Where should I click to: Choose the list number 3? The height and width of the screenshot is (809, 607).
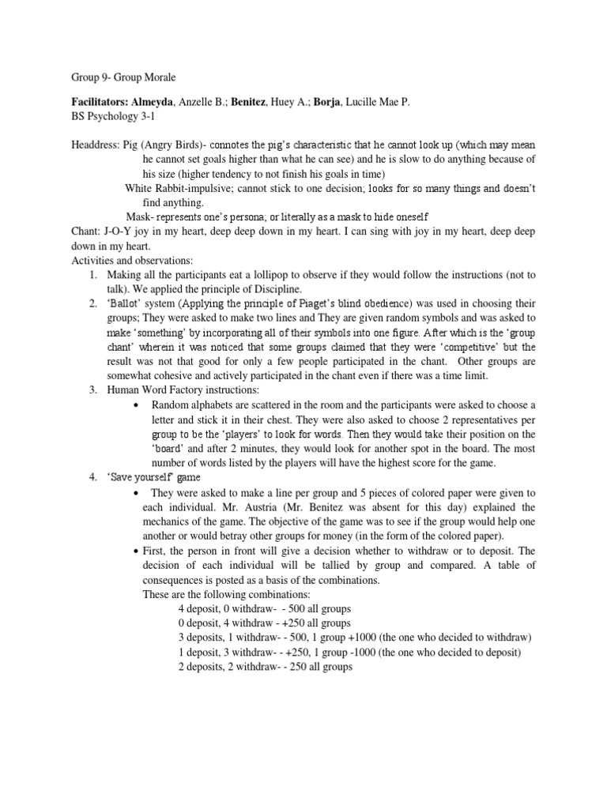pyautogui.click(x=92, y=389)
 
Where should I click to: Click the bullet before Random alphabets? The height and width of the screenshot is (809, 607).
pyautogui.click(x=138, y=404)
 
